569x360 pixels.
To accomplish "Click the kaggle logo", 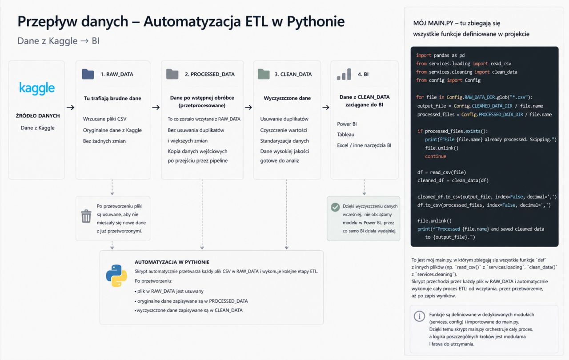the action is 37,88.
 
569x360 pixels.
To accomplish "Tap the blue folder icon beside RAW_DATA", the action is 88,74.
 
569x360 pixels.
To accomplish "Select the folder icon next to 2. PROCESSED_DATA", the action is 172,74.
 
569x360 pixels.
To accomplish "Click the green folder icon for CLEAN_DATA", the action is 264,74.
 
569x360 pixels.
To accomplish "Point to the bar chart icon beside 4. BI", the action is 344,74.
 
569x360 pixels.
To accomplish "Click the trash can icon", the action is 86,216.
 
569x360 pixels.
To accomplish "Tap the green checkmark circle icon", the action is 335,207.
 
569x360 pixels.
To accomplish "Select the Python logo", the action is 116,276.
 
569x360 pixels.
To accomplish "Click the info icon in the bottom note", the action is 419,316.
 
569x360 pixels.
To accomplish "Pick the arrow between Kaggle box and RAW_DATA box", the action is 70,108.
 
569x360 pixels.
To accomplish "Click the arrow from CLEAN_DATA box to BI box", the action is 326,108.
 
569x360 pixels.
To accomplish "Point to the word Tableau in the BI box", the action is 345,135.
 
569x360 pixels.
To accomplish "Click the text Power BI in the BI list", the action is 347,124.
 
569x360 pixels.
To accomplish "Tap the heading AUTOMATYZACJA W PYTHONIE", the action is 172,262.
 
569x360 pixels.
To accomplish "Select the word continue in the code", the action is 436,156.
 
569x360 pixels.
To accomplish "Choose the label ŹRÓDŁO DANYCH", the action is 38,116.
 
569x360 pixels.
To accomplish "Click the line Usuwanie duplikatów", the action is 284,119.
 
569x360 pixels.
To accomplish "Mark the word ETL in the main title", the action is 256,21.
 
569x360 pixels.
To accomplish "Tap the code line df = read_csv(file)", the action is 442,172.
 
